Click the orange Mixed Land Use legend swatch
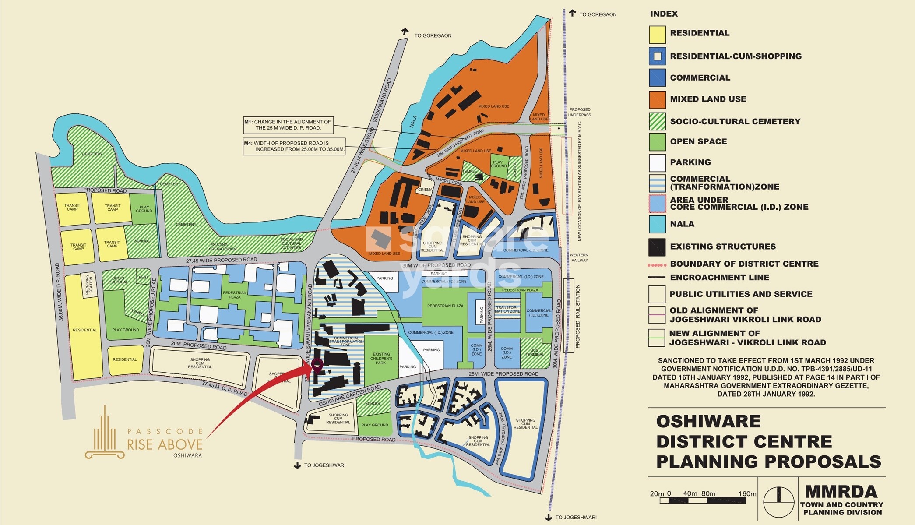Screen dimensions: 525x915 657,100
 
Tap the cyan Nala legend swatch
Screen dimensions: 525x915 657,224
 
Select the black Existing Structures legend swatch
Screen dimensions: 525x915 657,247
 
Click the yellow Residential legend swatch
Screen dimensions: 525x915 657,34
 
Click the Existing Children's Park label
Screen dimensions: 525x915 381,358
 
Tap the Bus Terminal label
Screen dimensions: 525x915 535,352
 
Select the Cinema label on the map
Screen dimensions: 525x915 425,190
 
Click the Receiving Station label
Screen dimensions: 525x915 89,284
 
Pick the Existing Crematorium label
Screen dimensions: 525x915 222,247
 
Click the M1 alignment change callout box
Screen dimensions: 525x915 288,125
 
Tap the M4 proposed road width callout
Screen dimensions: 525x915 294,146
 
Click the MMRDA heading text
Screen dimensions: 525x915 841,492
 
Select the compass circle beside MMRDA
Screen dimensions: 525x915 778,501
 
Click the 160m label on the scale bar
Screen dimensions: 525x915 747,493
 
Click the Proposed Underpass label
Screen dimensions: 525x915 579,112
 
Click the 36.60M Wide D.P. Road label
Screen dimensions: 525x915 59,292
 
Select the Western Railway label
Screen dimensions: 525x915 579,257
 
